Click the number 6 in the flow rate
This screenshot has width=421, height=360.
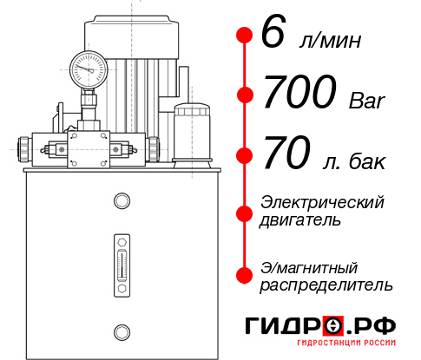pyautogui.click(x=273, y=36)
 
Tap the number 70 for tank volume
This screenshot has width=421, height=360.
pyautogui.click(x=286, y=155)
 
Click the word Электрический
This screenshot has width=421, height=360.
pyautogui.click(x=322, y=202)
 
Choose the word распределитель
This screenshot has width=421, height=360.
pyautogui.click(x=326, y=285)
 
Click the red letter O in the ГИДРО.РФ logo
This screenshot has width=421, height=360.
pyautogui.click(x=333, y=325)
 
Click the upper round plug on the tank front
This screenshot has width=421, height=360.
pyautogui.click(x=122, y=201)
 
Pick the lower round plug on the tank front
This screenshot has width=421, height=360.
pyautogui.click(x=122, y=331)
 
